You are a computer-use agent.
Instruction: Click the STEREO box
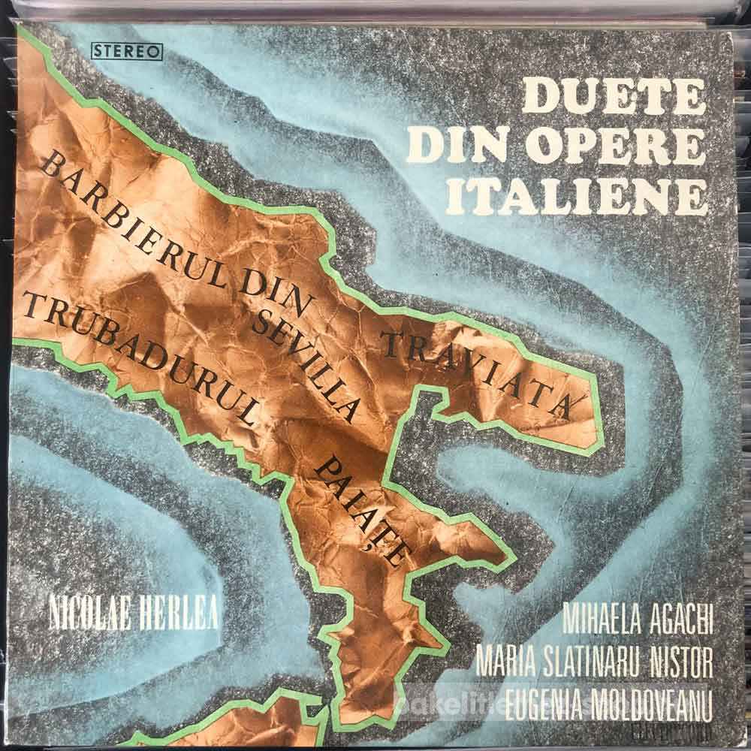(x=128, y=52)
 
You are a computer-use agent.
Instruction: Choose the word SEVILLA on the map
(x=304, y=363)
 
